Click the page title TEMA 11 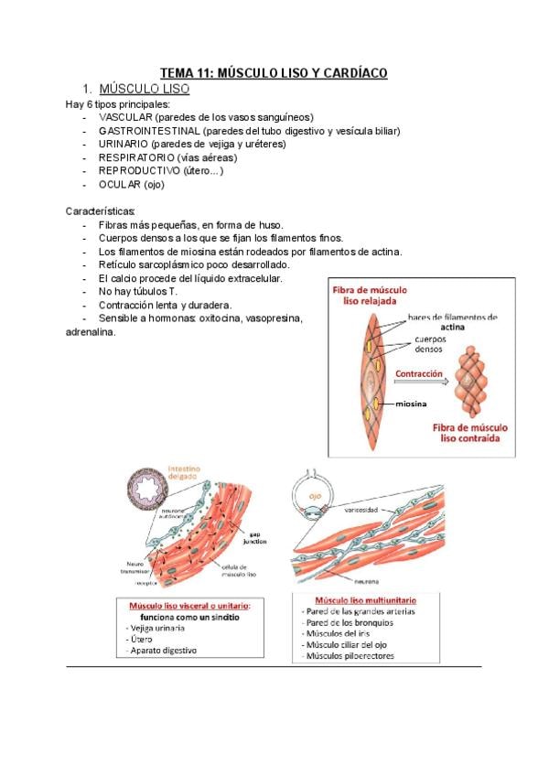pyautogui.click(x=274, y=72)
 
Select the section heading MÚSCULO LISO pyautogui.click(x=144, y=90)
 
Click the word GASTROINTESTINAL pyautogui.click(x=148, y=130)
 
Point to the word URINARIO pyautogui.click(x=124, y=144)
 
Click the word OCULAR pyautogui.click(x=119, y=184)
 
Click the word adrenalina pyautogui.click(x=91, y=332)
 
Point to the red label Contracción pyautogui.click(x=419, y=374)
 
